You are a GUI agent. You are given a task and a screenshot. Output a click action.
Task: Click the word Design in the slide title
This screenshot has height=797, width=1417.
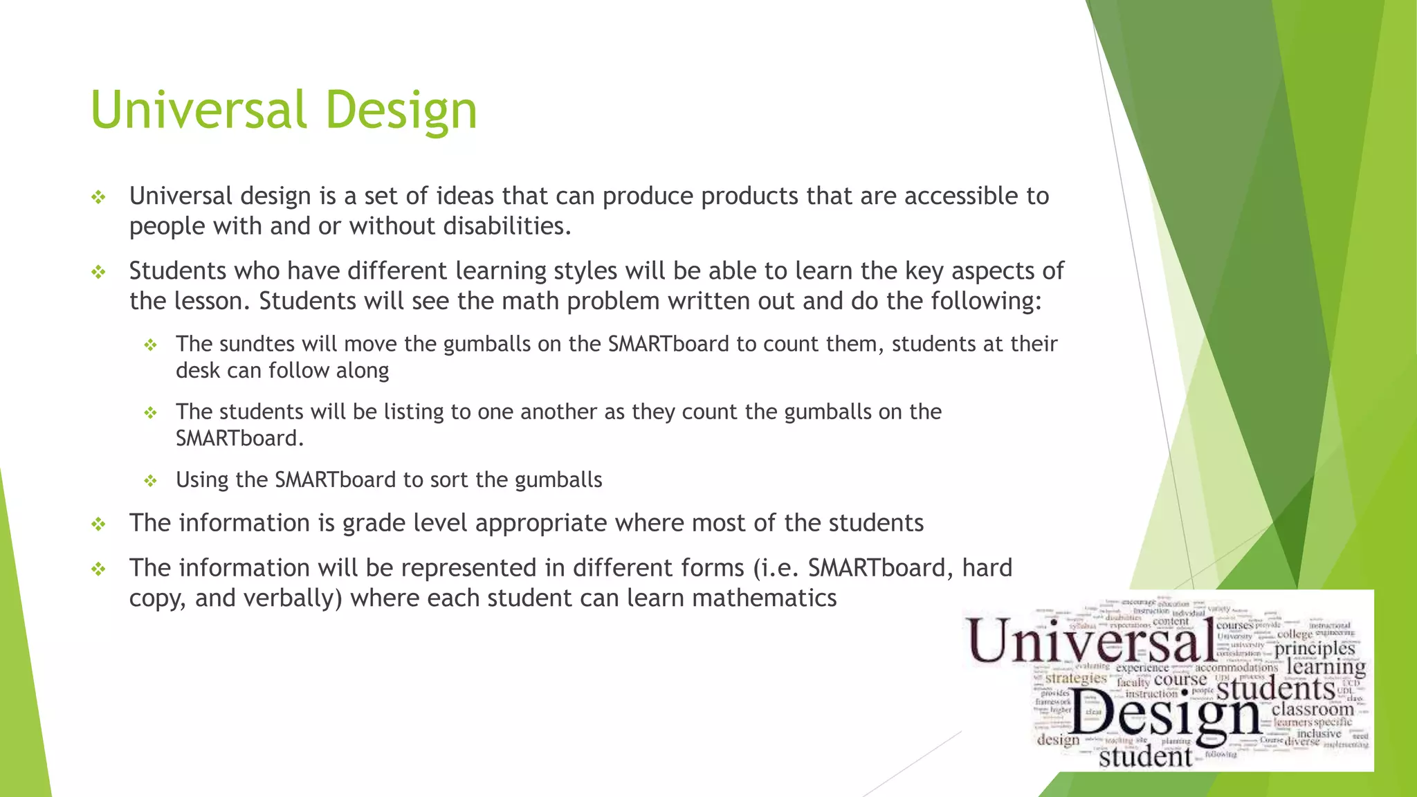click(401, 111)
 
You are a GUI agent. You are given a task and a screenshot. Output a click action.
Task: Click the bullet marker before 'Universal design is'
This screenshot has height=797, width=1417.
click(98, 198)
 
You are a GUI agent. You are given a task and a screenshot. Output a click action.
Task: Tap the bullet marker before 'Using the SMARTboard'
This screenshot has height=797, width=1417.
click(150, 481)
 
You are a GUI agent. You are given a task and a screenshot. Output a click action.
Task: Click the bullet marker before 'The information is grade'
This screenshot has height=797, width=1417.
click(98, 524)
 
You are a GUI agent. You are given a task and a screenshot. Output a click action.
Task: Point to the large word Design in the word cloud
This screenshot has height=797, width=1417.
click(1166, 714)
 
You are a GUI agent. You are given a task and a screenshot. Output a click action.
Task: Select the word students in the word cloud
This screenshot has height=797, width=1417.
click(1275, 688)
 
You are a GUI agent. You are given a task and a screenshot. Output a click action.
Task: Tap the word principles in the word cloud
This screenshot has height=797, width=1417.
click(1314, 649)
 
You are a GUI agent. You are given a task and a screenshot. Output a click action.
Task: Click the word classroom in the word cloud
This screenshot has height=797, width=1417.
click(1312, 709)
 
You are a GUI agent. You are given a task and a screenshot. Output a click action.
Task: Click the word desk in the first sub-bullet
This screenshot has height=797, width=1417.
click(198, 371)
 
